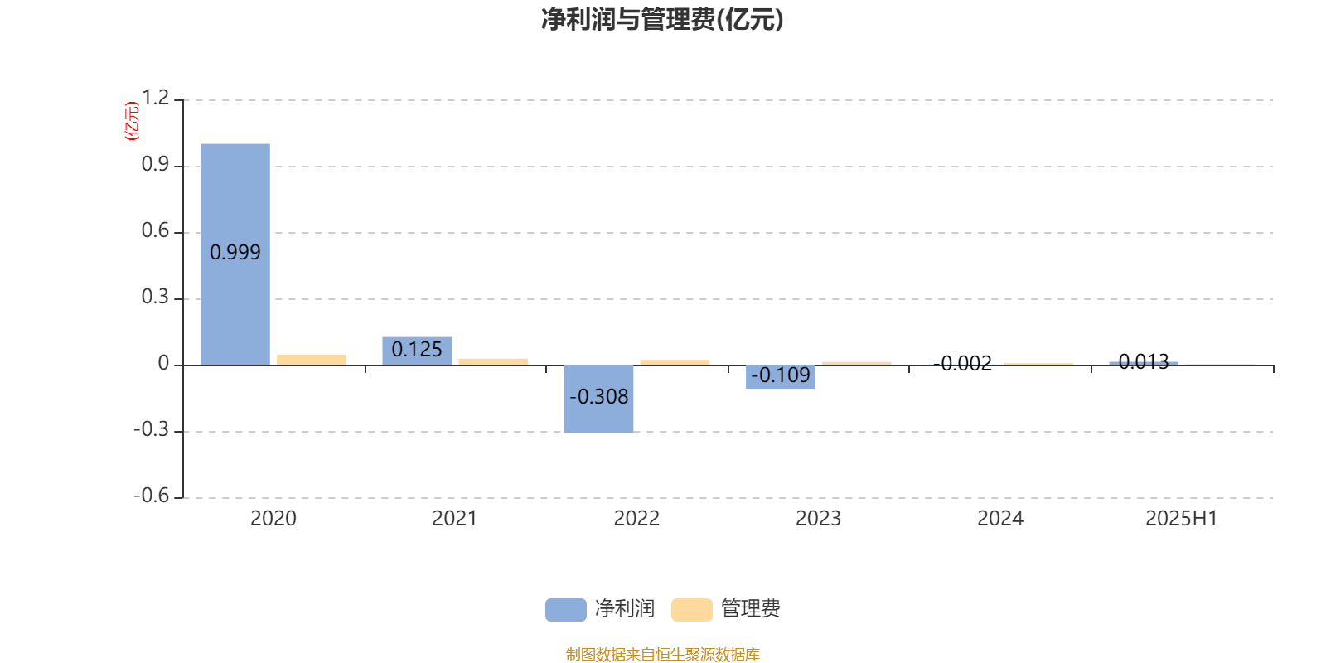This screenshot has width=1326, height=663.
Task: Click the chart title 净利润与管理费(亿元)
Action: [662, 20]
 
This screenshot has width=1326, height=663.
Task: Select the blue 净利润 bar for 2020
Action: [235, 254]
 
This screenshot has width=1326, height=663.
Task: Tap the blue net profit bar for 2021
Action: [417, 351]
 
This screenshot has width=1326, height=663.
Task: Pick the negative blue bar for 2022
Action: [598, 399]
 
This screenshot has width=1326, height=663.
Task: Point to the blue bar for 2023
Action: [780, 377]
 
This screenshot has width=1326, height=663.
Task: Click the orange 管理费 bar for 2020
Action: [312, 360]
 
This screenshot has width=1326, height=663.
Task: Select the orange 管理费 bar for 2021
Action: [493, 361]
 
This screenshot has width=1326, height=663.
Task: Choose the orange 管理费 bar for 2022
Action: [675, 362]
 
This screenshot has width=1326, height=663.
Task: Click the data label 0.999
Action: [235, 253]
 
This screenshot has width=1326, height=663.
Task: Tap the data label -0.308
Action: [598, 397]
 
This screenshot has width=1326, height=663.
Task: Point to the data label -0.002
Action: [962, 364]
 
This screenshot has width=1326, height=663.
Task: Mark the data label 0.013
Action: [1144, 361]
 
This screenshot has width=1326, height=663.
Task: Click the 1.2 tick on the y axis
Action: [156, 98]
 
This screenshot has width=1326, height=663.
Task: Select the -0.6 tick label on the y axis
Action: [152, 496]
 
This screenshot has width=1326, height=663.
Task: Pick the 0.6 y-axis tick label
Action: [156, 230]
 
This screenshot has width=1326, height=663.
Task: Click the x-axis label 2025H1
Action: [1182, 519]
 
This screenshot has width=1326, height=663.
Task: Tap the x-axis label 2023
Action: [818, 519]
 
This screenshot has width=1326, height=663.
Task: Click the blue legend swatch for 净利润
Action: [566, 610]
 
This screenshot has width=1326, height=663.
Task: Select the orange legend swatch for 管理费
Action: [691, 610]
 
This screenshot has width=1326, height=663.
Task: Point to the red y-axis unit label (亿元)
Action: [132, 121]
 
